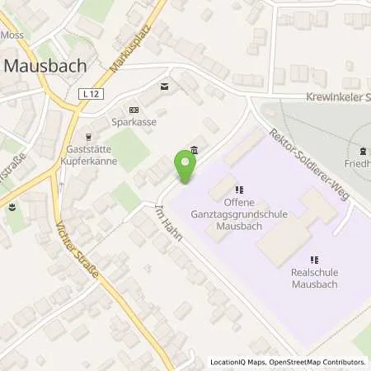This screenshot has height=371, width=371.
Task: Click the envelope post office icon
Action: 165,86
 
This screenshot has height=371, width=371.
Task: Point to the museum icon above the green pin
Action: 194,149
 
